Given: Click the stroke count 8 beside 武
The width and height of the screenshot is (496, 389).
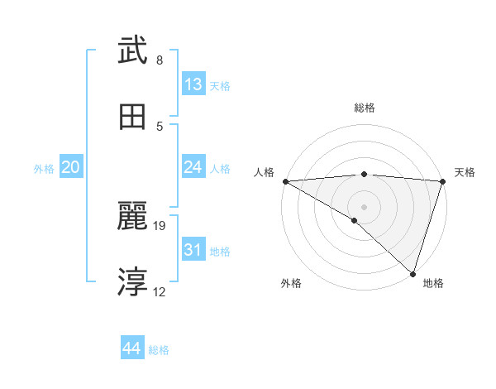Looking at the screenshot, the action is tap(160, 60).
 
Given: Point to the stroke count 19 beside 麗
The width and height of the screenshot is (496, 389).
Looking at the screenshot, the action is tap(160, 225).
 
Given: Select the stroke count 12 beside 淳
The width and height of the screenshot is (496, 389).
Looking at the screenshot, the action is tap(160, 291).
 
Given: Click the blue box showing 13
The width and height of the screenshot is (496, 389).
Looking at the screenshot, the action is tap(193, 84).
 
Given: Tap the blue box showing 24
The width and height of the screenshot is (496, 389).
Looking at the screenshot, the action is tap(193, 167).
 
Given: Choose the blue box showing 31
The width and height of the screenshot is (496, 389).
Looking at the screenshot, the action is tap(193, 250).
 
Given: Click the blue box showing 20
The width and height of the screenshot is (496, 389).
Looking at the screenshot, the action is tap(71, 167).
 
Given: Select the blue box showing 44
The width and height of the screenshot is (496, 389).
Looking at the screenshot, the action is tap(132, 349).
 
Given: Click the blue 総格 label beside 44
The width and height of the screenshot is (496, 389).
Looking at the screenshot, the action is tap(159, 350).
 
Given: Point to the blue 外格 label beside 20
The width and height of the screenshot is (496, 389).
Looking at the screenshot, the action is tap(44, 168).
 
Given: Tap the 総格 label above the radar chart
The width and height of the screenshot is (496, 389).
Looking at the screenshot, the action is tap(365, 108).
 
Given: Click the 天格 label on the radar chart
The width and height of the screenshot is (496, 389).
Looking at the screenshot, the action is tap(465, 172).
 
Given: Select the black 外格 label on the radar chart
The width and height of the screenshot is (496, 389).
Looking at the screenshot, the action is tap(291, 284).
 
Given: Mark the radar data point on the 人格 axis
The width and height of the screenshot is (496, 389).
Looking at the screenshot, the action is tap(285, 181).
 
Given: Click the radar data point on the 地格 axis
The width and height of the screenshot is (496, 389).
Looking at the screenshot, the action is tap(413, 274).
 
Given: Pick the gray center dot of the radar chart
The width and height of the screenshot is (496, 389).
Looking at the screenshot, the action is tap(364, 206).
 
